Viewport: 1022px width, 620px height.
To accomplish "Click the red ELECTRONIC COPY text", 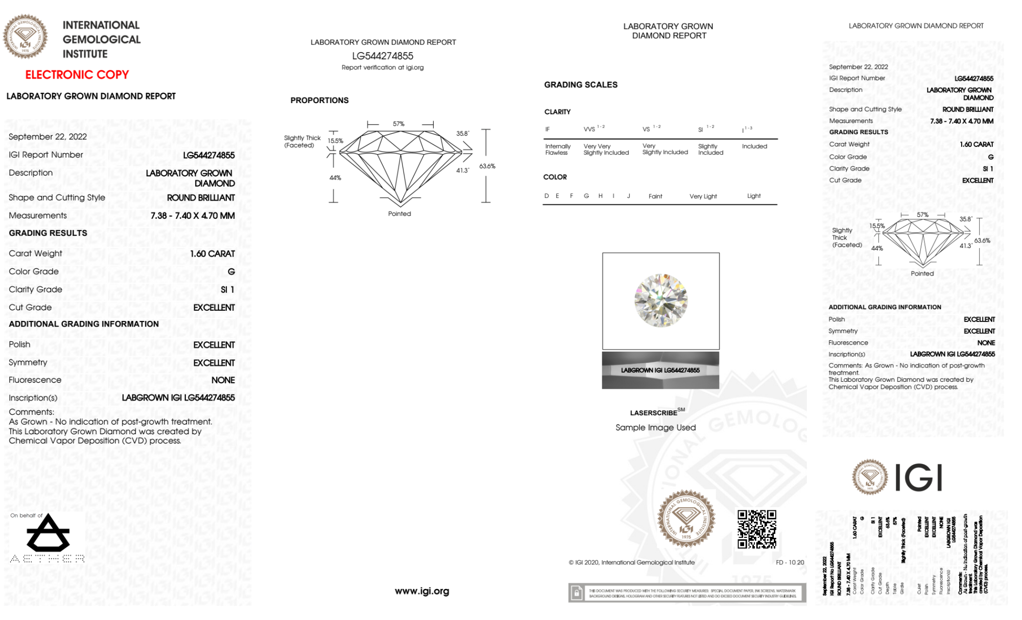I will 77,75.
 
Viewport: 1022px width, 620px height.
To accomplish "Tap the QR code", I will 756,529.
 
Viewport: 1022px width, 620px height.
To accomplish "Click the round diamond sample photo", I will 660,301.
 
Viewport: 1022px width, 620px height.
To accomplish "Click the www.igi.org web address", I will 422,591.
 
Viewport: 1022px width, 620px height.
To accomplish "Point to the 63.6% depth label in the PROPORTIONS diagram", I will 487,166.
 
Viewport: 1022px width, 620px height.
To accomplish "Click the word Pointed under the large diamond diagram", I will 399,214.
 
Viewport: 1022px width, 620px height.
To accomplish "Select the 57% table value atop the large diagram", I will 398,124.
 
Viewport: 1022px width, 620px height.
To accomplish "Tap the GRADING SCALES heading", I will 581,85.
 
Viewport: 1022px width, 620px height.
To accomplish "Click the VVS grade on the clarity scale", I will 590,129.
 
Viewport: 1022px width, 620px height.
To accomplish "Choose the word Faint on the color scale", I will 655,196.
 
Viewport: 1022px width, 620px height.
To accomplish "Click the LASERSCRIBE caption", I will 654,413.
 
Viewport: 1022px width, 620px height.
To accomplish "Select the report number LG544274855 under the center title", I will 383,56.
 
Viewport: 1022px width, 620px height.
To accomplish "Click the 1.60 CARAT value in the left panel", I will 212,254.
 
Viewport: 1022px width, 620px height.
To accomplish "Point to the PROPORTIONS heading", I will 320,101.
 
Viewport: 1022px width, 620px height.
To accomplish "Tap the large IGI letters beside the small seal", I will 919,478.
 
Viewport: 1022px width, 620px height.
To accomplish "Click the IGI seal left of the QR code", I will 686,518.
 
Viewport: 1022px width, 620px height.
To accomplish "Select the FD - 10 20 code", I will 790,562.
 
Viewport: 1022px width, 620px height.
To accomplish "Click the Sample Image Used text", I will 655,428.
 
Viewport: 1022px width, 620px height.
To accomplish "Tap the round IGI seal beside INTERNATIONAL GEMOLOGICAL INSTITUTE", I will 26,37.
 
